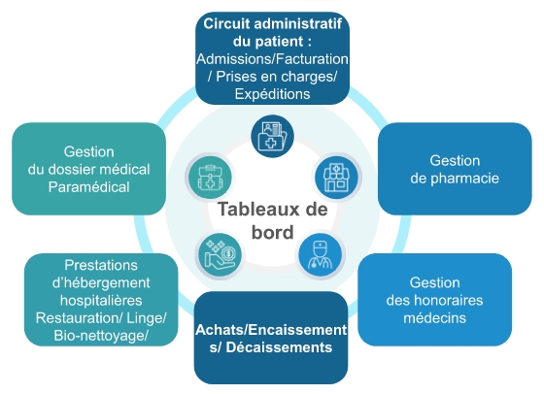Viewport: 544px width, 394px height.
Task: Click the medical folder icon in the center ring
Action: click(x=272, y=136)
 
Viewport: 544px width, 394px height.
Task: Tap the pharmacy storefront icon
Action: click(x=336, y=178)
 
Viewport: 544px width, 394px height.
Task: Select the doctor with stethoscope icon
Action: click(x=320, y=254)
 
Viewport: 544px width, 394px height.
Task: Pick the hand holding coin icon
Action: click(x=220, y=254)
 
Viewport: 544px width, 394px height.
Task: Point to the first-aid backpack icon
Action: click(x=210, y=178)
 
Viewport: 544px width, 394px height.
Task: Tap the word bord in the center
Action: click(x=272, y=232)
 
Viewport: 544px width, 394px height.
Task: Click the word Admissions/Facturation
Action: click(x=272, y=59)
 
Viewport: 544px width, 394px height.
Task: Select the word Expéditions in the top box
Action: click(x=272, y=94)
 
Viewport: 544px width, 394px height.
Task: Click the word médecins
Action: click(x=435, y=317)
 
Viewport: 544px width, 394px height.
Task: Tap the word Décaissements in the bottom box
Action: click(x=279, y=347)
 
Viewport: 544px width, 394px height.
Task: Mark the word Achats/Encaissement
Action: click(x=271, y=330)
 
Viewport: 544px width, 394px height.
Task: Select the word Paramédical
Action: click(x=88, y=187)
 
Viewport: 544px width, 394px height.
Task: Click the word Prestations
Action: click(x=101, y=265)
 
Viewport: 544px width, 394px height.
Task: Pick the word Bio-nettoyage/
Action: click(x=101, y=336)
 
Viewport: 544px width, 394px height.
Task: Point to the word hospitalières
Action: click(x=101, y=301)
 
